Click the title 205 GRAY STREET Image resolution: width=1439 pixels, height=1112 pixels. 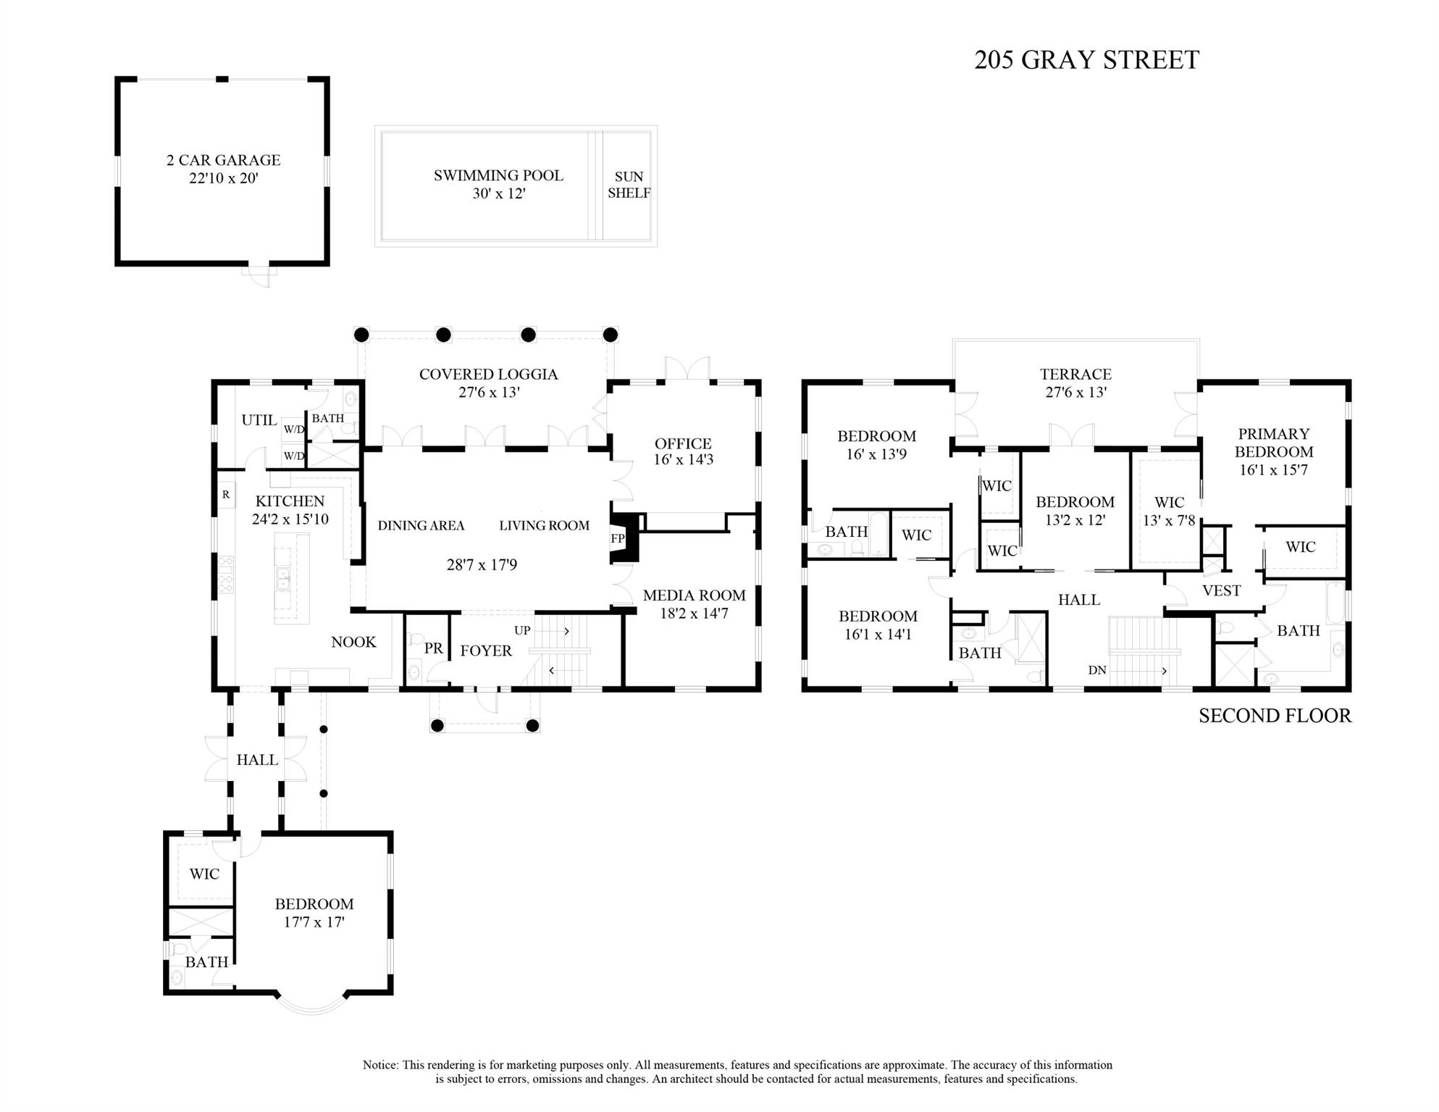1086,59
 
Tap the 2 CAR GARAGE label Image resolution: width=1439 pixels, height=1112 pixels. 223,160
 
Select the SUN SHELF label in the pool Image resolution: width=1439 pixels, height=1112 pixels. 629,185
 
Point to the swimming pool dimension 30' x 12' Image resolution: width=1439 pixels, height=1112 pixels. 498,193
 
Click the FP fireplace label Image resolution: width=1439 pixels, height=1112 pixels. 617,538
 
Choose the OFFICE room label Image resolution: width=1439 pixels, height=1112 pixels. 683,443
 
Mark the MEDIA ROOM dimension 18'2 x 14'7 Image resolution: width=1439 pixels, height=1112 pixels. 694,614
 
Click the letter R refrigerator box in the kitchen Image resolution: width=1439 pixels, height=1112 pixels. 226,495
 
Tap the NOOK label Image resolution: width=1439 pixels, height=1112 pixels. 353,642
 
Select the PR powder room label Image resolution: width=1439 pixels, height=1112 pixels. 433,648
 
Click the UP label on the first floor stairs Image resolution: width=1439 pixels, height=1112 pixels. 522,630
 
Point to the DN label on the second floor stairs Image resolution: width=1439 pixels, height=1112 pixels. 1096,670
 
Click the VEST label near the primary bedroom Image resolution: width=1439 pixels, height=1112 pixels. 1221,590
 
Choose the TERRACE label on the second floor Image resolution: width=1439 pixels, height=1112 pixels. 1075,374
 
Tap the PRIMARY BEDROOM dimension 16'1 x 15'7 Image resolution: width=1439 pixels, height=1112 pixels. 1273,469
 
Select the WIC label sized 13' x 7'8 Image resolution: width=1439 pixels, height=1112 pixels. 1169,502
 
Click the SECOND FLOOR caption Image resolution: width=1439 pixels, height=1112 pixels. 1275,716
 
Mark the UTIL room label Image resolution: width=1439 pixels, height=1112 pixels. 259,420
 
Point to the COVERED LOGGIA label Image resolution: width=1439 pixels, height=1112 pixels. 488,374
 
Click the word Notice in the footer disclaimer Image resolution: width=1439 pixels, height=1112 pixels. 380,1065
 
